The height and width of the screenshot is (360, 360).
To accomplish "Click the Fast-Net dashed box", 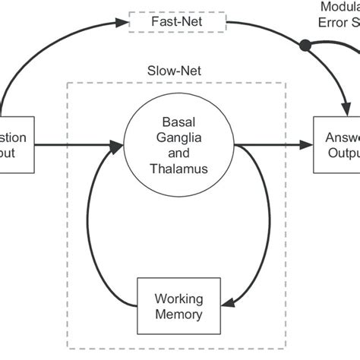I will coord(178,23).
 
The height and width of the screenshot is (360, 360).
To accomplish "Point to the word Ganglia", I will coord(178,136).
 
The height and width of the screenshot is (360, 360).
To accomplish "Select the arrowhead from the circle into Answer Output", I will coord(308,143).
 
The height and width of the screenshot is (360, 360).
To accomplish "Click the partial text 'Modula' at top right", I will coord(340,5).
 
